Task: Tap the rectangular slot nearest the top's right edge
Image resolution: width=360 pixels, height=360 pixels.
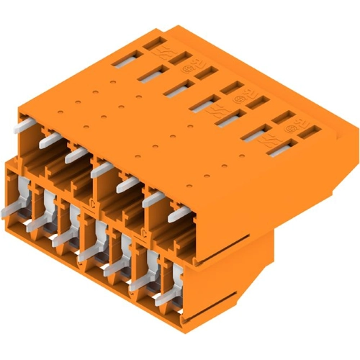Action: point(310,130)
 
